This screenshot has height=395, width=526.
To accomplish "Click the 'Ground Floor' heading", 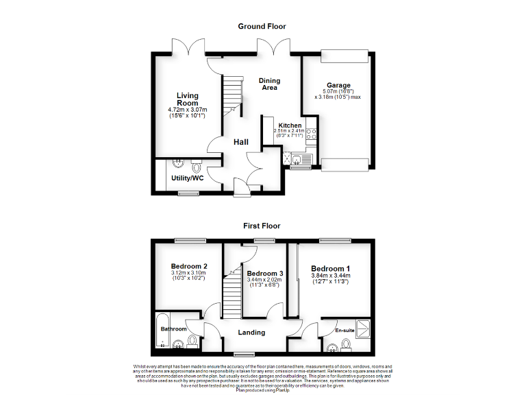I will point(262,26).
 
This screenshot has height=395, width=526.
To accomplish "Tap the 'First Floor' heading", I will point(262,225).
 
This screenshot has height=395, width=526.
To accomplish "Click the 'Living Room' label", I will point(187,99).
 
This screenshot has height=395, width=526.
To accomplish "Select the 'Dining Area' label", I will point(269,84).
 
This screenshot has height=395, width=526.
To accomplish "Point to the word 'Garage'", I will point(338,85).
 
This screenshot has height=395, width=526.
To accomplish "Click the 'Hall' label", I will point(240,142).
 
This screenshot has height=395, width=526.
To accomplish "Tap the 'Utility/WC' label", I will point(188,178).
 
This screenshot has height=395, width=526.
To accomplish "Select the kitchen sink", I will point(302,158).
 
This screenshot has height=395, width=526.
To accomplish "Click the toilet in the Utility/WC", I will point(197,166).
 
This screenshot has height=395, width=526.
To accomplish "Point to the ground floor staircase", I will point(233,96).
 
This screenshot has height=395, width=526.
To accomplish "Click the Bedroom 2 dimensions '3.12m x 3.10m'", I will point(188,273).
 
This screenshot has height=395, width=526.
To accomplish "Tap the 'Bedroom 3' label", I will point(265,274).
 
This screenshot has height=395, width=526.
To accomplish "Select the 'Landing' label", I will point(251,333).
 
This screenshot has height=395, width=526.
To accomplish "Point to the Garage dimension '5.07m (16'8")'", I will point(338,92).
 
